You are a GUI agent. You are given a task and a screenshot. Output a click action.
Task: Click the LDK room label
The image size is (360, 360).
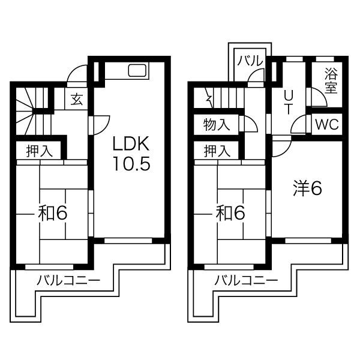[x=131, y=143]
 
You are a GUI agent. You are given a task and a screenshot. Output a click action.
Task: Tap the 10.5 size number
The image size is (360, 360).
[x=131, y=163]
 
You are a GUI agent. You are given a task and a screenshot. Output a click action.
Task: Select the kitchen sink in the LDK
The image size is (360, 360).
[x=137, y=70]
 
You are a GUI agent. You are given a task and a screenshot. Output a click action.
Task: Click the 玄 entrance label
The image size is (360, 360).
[x=77, y=99]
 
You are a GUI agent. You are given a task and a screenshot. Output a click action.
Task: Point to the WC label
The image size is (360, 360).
[x=327, y=124]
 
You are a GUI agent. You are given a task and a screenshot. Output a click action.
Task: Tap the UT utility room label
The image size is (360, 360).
[x=287, y=102]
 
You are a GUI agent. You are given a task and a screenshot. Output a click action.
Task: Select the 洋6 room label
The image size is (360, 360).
[x=307, y=188]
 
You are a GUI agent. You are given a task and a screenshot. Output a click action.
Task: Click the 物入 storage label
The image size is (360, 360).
[x=216, y=125]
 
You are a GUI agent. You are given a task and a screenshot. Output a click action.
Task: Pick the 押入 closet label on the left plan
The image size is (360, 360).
[x=40, y=151]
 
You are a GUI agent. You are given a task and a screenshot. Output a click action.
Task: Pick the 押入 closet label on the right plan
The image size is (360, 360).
[x=217, y=151]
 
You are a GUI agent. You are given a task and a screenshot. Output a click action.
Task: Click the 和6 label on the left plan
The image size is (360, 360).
[x=53, y=213]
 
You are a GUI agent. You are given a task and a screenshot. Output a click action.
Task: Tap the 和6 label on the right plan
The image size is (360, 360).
[x=230, y=213]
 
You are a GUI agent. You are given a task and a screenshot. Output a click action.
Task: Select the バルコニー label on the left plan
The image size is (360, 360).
[x=69, y=280]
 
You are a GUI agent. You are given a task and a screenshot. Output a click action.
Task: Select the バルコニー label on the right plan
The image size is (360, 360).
[x=246, y=280]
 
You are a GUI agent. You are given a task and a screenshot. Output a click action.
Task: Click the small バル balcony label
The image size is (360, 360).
[x=250, y=61]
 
